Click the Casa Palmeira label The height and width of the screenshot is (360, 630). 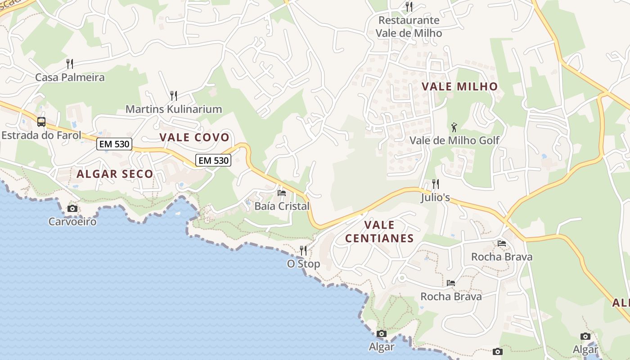[x=70, y=77]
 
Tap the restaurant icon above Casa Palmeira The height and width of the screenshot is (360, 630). [x=70, y=63]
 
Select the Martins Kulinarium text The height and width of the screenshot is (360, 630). [x=173, y=109]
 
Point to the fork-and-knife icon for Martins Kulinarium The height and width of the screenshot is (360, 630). [x=173, y=95]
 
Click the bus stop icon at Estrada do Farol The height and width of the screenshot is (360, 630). [x=41, y=121]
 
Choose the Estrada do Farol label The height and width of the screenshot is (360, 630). [x=41, y=135]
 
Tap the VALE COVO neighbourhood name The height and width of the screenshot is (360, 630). [x=194, y=138]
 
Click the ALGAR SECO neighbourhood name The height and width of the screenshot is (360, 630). [x=115, y=174]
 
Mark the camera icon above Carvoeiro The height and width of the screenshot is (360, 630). [x=72, y=208]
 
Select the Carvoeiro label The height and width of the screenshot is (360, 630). [x=72, y=222]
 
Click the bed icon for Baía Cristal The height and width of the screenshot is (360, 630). [x=282, y=193]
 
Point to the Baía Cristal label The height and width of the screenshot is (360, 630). [x=282, y=207]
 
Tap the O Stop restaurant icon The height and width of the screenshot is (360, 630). [x=303, y=250]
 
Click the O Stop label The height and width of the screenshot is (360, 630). [x=303, y=264]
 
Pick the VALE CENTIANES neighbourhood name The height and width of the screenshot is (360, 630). [x=379, y=232]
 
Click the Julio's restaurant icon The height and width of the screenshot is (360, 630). [x=435, y=184]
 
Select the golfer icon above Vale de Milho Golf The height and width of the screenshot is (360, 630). [x=454, y=127]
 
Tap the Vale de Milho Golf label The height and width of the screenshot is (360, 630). [x=454, y=140]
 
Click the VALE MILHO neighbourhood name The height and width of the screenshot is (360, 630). [x=459, y=87]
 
